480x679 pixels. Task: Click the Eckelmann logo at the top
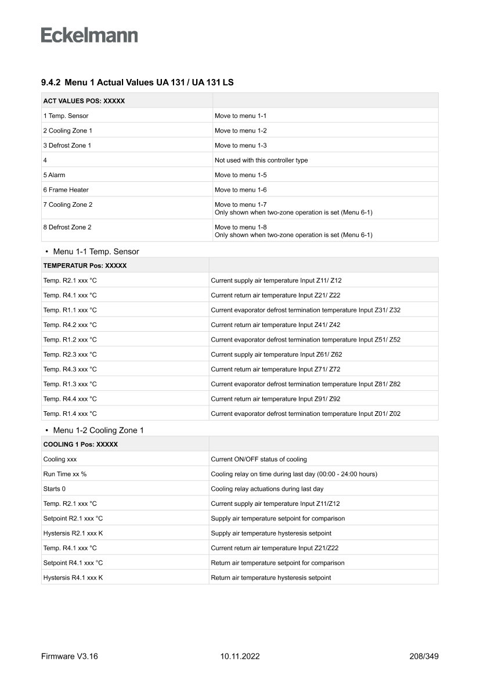(89, 35)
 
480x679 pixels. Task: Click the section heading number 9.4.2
(51, 83)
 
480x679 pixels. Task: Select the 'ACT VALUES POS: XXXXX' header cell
(84, 100)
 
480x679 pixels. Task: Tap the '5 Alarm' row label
(54, 175)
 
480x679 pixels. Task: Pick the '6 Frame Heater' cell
(66, 190)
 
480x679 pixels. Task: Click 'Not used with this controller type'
(261, 160)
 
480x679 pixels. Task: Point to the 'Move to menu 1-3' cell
(240, 145)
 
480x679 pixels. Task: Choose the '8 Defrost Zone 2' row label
(67, 227)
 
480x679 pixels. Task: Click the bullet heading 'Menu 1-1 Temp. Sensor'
(96, 252)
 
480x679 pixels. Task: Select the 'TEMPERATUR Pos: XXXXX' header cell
(85, 265)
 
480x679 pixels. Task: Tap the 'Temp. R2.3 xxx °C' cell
(70, 354)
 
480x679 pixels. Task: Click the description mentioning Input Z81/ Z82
(305, 384)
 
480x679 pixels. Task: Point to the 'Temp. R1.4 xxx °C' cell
(70, 414)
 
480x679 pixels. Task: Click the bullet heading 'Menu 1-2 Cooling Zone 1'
(98, 430)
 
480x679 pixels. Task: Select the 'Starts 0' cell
(55, 489)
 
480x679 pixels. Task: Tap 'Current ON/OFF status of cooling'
(259, 459)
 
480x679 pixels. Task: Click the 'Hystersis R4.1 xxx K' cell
(73, 578)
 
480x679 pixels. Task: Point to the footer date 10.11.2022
(240, 656)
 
